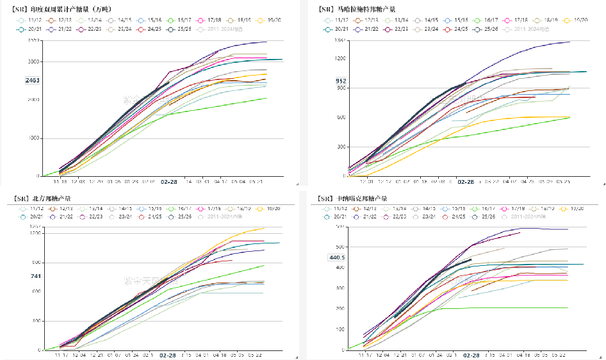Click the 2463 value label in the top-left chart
[x=32, y=80]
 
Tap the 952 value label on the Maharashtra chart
[x=341, y=81]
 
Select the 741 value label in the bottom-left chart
[x=36, y=276]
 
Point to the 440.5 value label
[x=337, y=258]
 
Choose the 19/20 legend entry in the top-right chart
[x=577, y=20]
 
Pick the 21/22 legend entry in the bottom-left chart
[x=65, y=217]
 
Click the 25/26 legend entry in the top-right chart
[x=491, y=29]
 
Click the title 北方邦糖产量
[x=42, y=199]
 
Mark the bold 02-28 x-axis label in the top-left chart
[x=169, y=182]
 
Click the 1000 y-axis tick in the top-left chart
[x=34, y=138]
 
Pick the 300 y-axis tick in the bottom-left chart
[x=36, y=321]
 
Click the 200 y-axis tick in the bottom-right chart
[x=339, y=308]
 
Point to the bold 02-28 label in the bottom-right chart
[x=471, y=355]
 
